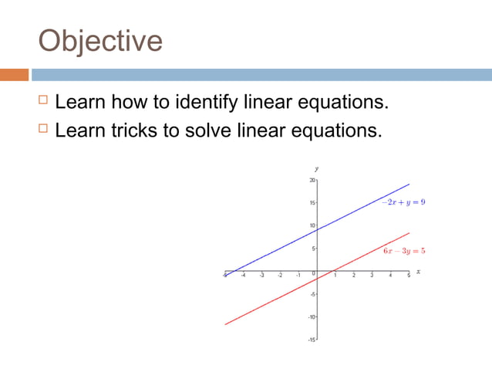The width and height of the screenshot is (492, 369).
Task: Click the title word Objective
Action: (x=100, y=41)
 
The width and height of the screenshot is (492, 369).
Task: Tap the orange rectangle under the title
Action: (x=14, y=75)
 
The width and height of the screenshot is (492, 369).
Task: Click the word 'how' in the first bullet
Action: (x=135, y=102)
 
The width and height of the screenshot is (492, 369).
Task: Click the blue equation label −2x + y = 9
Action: (x=403, y=201)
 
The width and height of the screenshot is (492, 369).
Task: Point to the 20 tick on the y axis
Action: (x=312, y=180)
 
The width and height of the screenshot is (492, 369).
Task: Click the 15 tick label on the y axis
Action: (x=312, y=203)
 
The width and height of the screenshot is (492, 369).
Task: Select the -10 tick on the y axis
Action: (x=312, y=317)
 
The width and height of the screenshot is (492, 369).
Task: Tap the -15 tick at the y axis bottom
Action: (x=312, y=340)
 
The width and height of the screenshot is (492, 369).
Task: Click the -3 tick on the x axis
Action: (x=261, y=276)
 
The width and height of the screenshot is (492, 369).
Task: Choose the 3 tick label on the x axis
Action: (x=372, y=276)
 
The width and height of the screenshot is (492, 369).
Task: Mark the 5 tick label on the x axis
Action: (x=409, y=276)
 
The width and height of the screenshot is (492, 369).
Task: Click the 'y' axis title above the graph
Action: (x=316, y=168)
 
